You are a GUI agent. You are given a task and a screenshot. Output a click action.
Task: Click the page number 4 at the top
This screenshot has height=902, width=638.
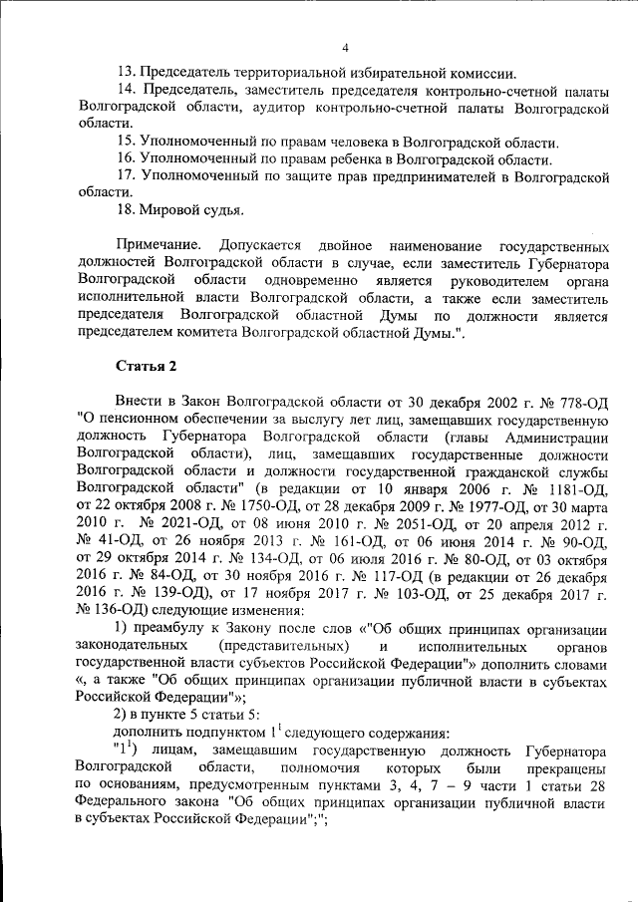345,47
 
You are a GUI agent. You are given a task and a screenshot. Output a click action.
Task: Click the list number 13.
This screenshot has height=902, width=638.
125,73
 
